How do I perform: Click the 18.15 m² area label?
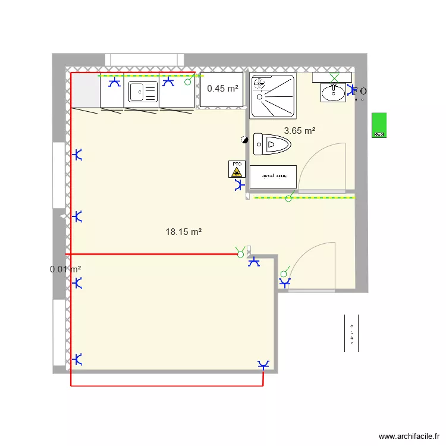coord(184,232)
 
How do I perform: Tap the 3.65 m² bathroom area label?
coord(299,131)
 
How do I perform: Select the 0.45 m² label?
coord(222,89)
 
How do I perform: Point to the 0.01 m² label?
coord(65,269)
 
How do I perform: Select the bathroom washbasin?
coord(333,92)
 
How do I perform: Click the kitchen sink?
coord(142,92)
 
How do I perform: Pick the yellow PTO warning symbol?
coord(237,169)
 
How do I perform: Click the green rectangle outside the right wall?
coord(379,125)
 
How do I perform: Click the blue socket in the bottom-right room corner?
coord(263,365)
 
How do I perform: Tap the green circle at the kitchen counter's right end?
coord(188,82)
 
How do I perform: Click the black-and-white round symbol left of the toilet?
coord(244,140)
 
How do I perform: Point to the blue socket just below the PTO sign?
coord(240,186)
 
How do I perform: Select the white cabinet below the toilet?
coord(272,176)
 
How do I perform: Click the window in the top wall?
coord(145,60)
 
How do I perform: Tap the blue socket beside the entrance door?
coord(285,282)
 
